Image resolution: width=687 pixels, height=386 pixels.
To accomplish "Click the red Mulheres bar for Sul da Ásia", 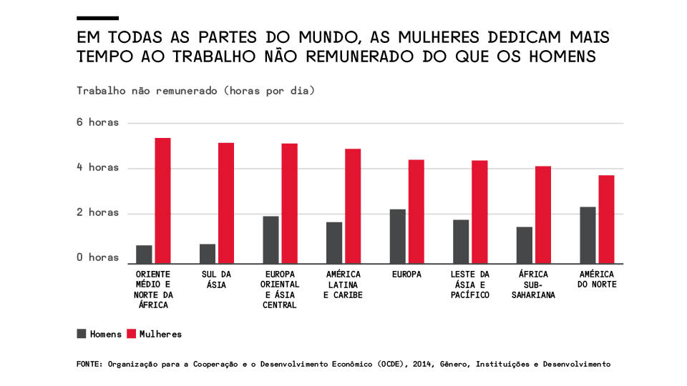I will coord(226,202).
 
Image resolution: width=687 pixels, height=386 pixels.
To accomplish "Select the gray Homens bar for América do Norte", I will coord(588,234).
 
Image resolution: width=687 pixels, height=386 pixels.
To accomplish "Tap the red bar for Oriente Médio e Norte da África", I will coord(163,199).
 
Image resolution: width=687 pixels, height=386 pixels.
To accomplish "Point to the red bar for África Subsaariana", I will coord(543,214).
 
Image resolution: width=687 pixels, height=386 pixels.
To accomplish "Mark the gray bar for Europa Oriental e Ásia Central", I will coord(271,239).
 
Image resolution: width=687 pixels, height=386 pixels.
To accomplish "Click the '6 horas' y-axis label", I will coord(98,122).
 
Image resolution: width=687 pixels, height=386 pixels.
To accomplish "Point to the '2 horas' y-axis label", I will coord(98,212).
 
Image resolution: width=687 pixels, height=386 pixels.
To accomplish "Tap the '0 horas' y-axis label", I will coord(98,257).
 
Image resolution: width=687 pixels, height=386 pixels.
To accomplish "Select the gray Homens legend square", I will coord(82,333).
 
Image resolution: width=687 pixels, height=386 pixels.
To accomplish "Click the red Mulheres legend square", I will coord(132,333).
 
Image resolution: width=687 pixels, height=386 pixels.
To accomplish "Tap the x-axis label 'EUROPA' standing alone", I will coord(406,274).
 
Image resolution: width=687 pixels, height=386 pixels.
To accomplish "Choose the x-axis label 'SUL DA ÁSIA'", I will coord(217,279).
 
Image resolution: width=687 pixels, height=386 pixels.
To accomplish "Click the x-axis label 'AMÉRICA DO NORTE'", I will coord(598,279).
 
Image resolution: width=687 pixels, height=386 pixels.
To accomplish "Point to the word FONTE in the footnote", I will coord(89,364).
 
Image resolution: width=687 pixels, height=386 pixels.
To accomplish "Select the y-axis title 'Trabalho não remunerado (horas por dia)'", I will coord(195,91).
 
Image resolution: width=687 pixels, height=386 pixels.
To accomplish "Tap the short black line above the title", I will coord(97,17).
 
